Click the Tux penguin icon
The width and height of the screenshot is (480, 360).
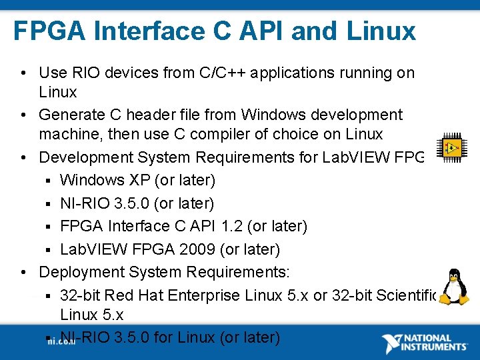click(x=454, y=287)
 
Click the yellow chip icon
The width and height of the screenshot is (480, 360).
click(x=451, y=147)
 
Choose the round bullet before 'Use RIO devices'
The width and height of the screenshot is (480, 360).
click(x=23, y=73)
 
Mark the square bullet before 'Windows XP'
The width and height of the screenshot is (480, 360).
click(x=49, y=181)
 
